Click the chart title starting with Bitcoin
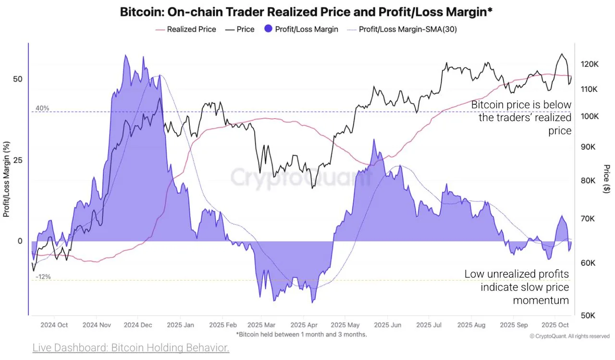point(306,12)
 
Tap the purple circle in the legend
point(268,29)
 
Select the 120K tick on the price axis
point(589,64)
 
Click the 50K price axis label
point(588,315)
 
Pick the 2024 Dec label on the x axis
point(138,325)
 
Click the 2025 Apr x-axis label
point(305,325)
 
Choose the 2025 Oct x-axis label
point(555,325)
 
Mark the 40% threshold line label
point(42,108)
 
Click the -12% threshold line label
point(43,277)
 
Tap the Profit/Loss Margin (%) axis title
point(6,179)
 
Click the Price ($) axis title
point(607,179)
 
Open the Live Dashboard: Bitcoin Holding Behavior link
point(131,348)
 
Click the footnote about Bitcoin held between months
point(301,334)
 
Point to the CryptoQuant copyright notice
point(569,336)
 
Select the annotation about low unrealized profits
point(517,287)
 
